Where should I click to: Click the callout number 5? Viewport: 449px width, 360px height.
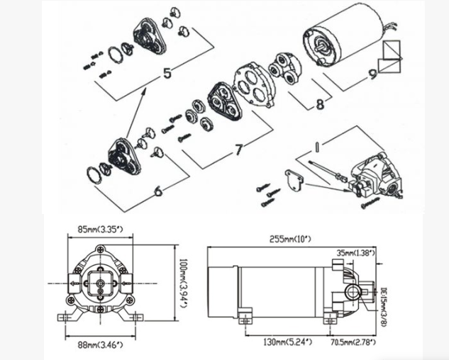pos(167,73)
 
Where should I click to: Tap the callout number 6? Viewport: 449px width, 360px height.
pos(157,190)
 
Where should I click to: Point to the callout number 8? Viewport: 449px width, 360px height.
pos(319,104)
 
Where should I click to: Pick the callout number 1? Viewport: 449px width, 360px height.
pos(317,147)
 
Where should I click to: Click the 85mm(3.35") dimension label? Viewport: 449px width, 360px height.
pos(99,230)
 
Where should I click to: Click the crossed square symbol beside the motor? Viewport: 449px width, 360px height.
pos(390,56)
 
